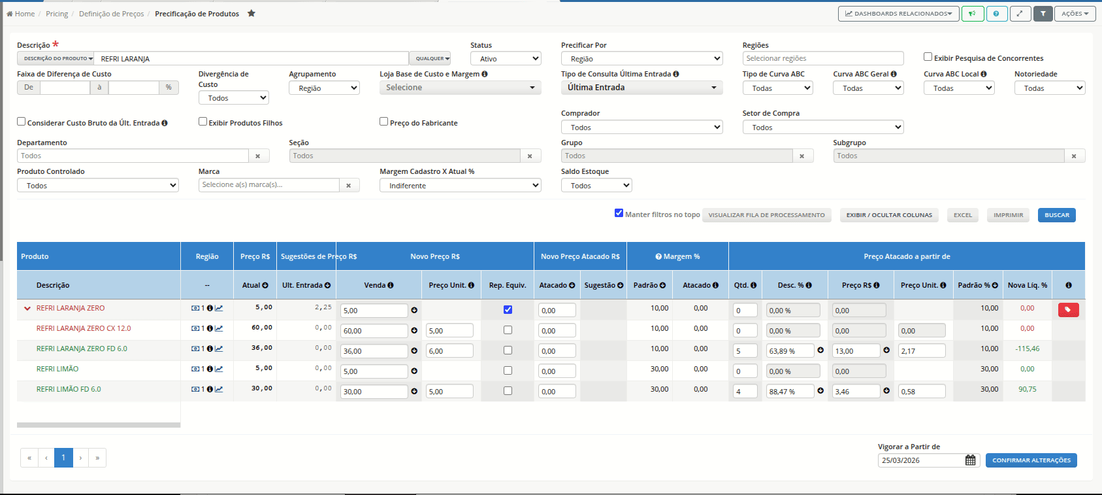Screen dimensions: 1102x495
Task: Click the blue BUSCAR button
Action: (x=1057, y=214)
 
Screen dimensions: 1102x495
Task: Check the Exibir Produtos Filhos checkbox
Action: (x=203, y=122)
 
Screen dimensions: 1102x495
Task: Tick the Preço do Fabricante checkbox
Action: (x=383, y=122)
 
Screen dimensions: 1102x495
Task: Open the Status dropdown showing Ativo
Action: (x=506, y=59)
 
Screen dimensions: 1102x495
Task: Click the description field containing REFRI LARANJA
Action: (x=251, y=59)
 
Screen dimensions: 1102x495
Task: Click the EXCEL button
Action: (x=963, y=214)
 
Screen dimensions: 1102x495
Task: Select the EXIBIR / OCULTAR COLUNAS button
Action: (x=889, y=214)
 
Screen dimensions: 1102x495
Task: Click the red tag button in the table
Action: (x=1069, y=310)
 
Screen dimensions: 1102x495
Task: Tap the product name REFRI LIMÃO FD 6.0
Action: (x=69, y=389)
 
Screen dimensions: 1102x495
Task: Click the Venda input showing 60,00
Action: (x=374, y=330)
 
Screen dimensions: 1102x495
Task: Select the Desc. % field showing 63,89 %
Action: (x=790, y=350)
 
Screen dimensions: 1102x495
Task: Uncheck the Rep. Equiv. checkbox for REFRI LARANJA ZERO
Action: (x=508, y=310)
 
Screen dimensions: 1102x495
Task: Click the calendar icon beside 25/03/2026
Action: (x=970, y=460)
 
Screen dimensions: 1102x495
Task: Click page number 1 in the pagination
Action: (x=63, y=458)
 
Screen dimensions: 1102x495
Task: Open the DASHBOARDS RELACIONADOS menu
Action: (x=898, y=14)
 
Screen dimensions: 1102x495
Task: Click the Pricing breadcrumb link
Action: (x=57, y=14)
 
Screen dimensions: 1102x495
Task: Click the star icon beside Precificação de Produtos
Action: (x=251, y=13)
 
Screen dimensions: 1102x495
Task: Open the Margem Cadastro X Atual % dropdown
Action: (x=460, y=186)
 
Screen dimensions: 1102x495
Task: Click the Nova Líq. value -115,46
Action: (x=1028, y=349)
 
